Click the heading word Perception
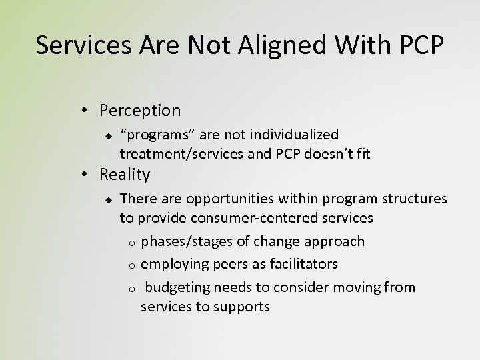coord(140,110)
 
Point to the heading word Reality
coord(125,175)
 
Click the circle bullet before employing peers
coord(133,265)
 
